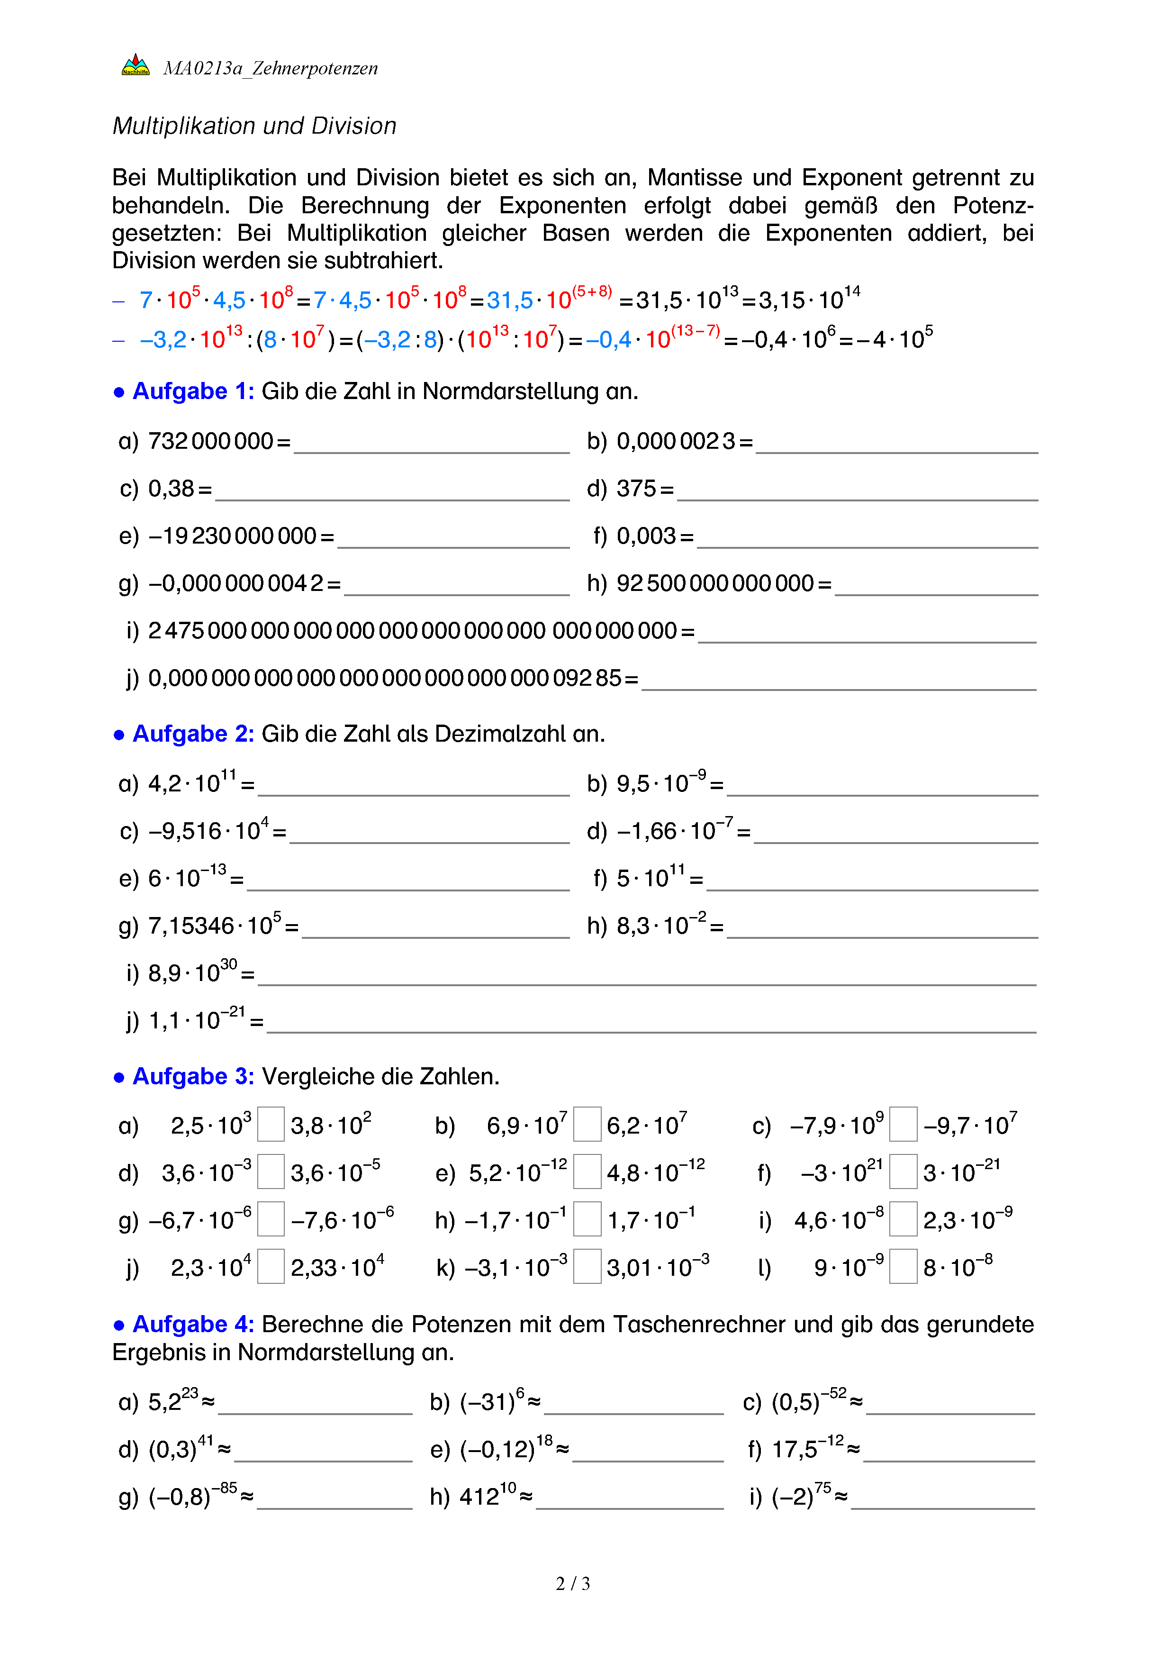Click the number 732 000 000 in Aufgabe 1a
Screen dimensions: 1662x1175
(x=210, y=441)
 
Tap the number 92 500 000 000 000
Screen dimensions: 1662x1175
(x=715, y=583)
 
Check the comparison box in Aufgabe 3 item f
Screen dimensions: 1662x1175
(x=903, y=1171)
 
